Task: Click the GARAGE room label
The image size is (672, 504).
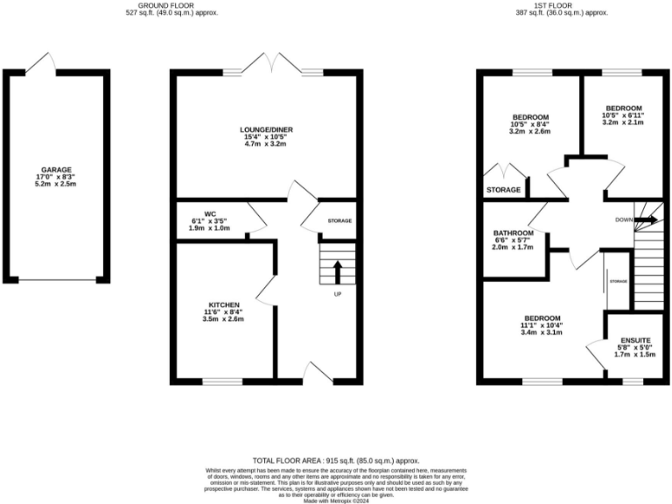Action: point(56,170)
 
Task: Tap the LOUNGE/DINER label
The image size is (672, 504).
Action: point(266,129)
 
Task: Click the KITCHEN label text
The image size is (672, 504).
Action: point(224,304)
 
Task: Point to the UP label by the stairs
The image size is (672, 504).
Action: point(337,294)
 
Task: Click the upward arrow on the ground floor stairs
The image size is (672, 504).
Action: point(337,271)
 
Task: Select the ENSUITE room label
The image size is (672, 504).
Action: point(636,339)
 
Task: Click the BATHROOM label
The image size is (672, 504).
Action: point(514,233)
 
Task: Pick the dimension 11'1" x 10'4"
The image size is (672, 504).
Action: point(542,325)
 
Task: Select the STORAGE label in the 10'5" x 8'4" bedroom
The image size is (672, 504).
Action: point(503,189)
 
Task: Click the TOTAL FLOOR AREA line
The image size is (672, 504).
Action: point(336,460)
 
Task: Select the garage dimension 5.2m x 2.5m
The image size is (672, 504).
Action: point(56,185)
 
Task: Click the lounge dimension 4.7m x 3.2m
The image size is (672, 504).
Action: point(266,144)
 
